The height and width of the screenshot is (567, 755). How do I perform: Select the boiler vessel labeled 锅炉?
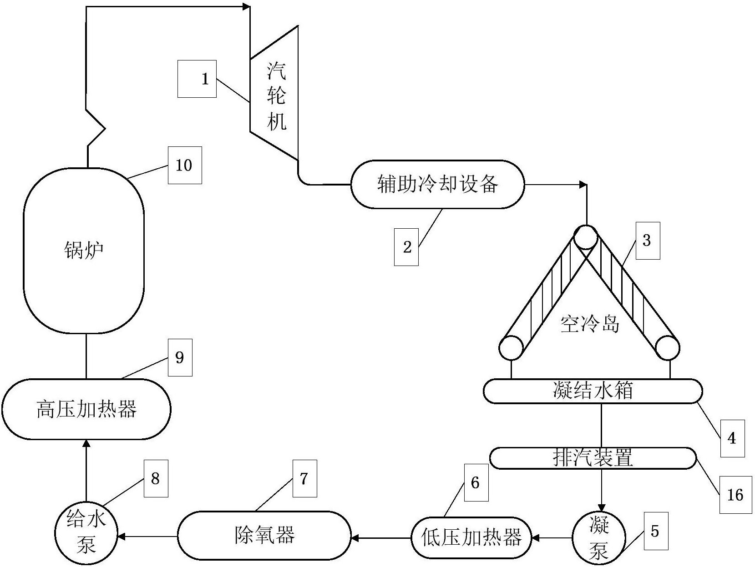pos(84,250)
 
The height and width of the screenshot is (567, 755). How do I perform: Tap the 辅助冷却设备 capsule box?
pos(437,184)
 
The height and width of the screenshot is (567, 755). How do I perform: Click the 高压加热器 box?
pos(86,409)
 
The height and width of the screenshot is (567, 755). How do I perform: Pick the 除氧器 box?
pos(264,535)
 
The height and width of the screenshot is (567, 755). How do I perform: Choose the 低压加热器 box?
pos(471,538)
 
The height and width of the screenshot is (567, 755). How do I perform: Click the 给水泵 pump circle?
pos(86,537)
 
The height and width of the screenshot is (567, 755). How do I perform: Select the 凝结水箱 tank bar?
pos(592,391)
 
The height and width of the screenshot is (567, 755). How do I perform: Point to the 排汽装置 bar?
pos(593,458)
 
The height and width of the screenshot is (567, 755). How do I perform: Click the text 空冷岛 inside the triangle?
pos(589,324)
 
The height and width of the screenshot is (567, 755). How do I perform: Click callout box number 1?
pos(197,79)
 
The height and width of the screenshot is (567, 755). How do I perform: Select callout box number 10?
pos(184,165)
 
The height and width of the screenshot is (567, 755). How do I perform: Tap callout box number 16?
pos(735,495)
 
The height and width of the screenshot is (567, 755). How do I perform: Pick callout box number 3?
pos(647,241)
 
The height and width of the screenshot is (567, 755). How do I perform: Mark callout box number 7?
pos(304,478)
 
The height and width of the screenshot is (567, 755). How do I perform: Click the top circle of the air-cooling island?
pos(585,237)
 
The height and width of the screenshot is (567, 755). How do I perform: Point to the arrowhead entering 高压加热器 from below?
pos(86,443)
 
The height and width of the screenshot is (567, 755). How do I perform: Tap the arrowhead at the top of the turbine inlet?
pos(246,7)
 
